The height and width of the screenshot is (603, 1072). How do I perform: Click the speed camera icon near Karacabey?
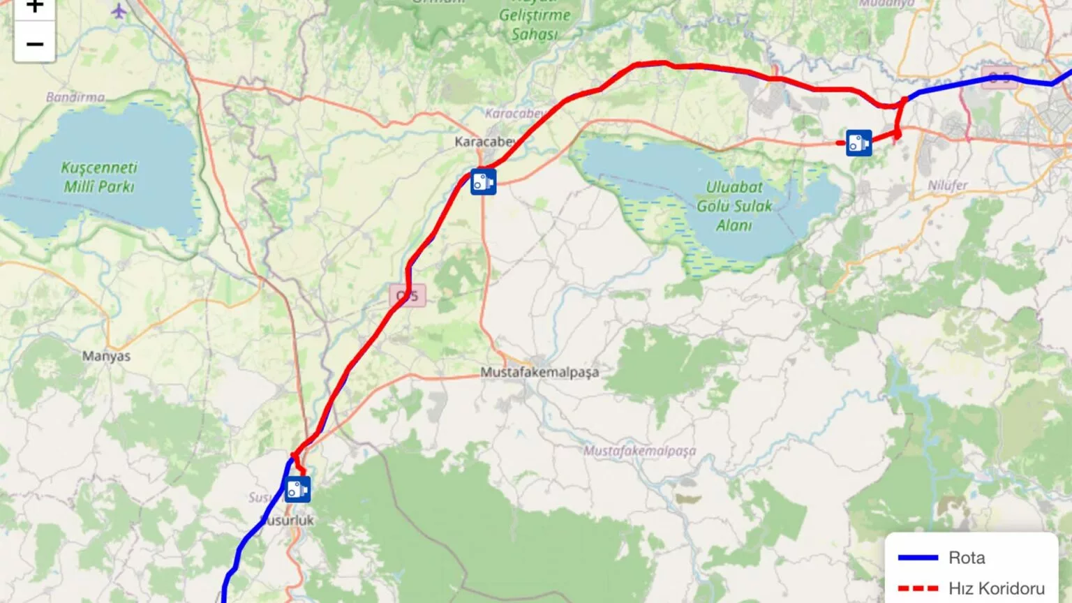[x=483, y=181]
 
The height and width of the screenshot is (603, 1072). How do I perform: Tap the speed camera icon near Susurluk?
[x=297, y=489]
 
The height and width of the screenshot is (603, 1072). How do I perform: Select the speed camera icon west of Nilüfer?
[x=859, y=142]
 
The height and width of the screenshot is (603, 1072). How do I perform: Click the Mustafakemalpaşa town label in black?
[x=539, y=373]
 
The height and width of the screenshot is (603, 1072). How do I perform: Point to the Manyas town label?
[x=106, y=356]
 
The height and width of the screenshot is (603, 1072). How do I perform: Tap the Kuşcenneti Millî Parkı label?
[x=99, y=177]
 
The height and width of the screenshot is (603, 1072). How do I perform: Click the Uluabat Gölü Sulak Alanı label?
[x=734, y=206]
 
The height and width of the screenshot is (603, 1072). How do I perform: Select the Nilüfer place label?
[x=947, y=186]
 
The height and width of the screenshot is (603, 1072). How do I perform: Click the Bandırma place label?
[x=75, y=97]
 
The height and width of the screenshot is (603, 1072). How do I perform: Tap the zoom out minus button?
[x=34, y=44]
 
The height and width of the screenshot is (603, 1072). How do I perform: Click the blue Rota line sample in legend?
[x=917, y=558]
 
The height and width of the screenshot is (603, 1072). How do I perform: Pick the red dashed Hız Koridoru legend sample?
[x=917, y=588]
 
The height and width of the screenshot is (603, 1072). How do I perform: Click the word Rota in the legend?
[x=967, y=558]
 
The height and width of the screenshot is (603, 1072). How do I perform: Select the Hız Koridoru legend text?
[x=997, y=588]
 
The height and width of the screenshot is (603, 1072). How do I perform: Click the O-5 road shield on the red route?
[x=407, y=296]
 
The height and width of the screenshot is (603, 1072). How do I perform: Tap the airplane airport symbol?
[x=119, y=11]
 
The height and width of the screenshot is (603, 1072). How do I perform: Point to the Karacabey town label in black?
[x=486, y=142]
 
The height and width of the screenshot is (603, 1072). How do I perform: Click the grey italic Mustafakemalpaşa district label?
[x=639, y=451]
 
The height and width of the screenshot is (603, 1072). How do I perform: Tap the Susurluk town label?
[x=288, y=521]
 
